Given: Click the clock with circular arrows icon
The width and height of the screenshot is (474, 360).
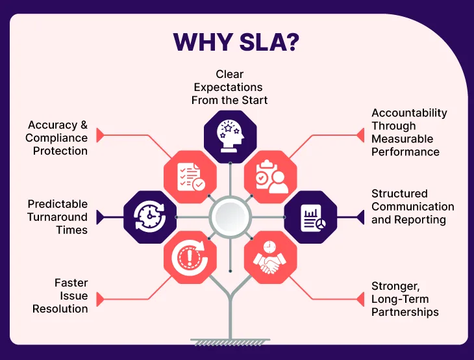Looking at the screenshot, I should click(150, 217).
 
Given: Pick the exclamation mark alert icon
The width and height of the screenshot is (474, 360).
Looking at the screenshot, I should click(189, 257).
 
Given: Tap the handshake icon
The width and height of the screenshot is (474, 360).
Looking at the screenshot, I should click(271, 257).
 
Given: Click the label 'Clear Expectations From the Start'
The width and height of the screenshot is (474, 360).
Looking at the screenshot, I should click(230, 88).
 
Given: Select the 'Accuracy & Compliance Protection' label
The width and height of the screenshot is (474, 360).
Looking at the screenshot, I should click(56, 138).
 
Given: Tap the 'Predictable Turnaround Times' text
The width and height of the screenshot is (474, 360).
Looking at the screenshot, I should click(57, 217).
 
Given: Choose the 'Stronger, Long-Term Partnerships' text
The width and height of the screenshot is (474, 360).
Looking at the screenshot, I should click(405, 299).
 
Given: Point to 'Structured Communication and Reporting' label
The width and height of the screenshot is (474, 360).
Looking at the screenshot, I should click(412, 207).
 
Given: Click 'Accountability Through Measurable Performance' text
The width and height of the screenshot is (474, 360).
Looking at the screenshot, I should click(409, 133).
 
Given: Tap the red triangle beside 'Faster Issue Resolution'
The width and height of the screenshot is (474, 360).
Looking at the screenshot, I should click(100, 299).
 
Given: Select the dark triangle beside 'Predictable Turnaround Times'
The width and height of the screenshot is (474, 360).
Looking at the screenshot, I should click(100, 217).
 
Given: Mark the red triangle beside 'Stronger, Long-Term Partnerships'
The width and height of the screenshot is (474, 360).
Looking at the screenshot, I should click(360, 299).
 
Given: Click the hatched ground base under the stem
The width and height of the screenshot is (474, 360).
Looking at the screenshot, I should click(230, 341).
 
